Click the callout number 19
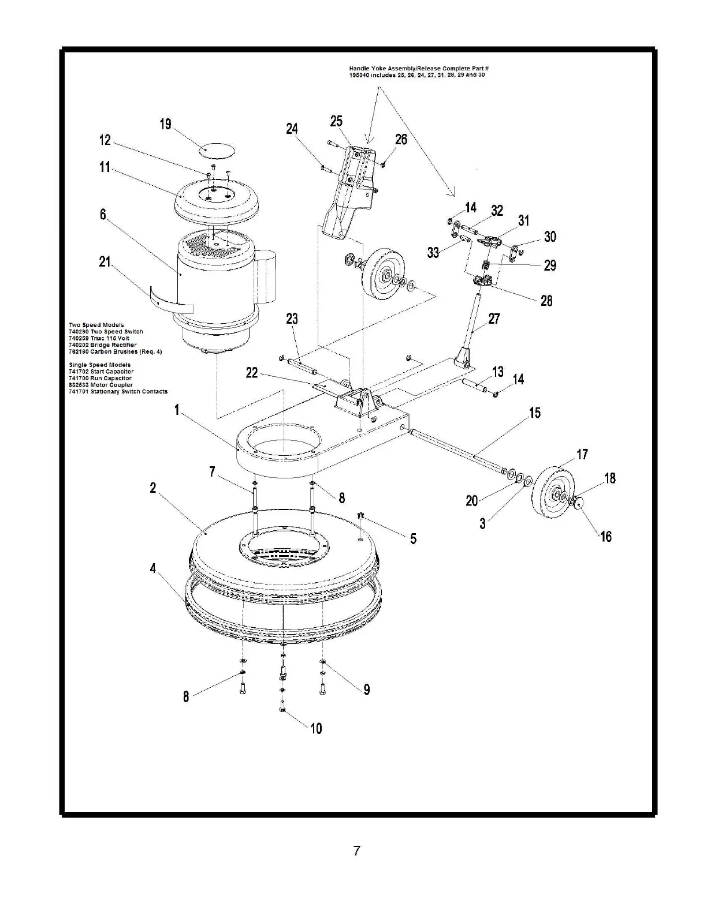click(166, 125)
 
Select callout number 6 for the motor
click(103, 215)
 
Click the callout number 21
click(105, 263)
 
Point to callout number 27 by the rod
click(494, 319)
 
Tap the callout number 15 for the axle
click(535, 413)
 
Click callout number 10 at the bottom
click(317, 729)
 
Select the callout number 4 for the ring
click(153, 568)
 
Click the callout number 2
click(153, 488)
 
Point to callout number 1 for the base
click(177, 410)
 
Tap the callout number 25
click(336, 121)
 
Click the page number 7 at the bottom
click(357, 851)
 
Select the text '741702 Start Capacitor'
click(101, 372)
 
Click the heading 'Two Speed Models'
click(96, 325)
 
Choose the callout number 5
click(413, 539)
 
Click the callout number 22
click(252, 373)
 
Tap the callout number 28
click(546, 301)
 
